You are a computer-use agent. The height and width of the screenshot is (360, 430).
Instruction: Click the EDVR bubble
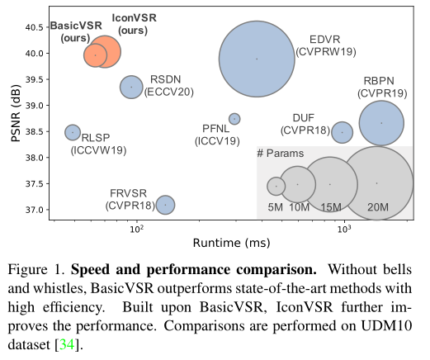(257, 59)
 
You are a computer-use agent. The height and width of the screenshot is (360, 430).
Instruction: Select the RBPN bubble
(381, 122)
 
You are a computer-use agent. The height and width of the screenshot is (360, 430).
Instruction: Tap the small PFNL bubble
(234, 119)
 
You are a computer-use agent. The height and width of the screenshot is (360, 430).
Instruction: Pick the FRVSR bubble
(165, 205)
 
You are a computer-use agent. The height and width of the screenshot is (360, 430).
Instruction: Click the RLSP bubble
(73, 132)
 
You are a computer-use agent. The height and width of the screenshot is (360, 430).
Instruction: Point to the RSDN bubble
(131, 87)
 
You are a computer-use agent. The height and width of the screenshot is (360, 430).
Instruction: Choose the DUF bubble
(343, 132)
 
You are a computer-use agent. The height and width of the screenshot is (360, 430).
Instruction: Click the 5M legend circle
(276, 187)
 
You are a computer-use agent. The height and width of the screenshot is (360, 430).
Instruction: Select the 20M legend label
(377, 206)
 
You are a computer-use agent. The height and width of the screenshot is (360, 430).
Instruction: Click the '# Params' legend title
(280, 154)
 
